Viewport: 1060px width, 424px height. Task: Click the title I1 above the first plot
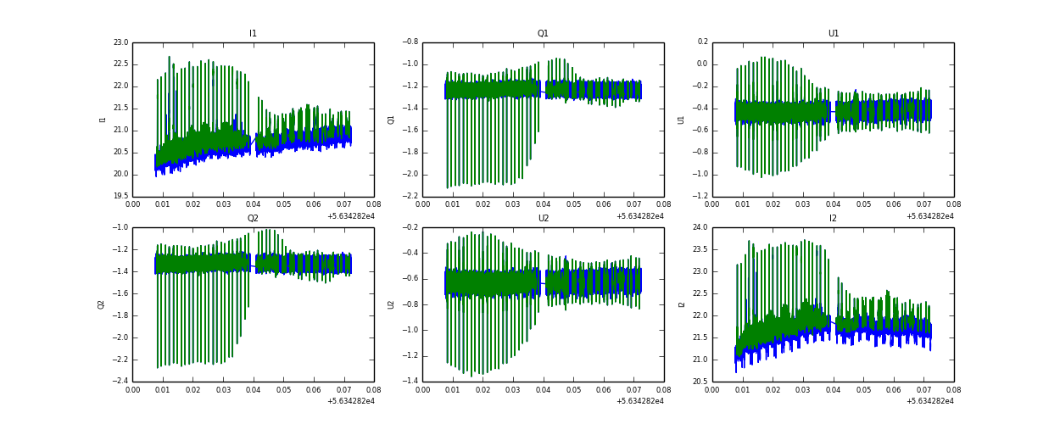[253, 34]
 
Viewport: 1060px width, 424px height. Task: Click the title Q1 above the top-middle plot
[543, 34]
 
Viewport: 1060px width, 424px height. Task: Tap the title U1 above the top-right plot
[834, 34]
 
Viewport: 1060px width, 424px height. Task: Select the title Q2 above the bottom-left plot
[253, 219]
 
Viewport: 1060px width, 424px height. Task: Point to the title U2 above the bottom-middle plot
[543, 219]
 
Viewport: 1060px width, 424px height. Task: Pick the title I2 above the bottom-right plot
[834, 219]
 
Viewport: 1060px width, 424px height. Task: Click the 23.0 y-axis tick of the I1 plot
[120, 42]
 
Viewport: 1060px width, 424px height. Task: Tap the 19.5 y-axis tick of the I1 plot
[120, 197]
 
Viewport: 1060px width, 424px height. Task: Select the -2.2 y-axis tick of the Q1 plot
[409, 197]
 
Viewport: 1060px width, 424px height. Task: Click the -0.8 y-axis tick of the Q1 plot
[409, 42]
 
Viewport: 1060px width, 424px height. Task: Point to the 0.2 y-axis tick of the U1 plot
[701, 42]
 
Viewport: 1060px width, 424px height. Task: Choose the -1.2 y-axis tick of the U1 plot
[700, 197]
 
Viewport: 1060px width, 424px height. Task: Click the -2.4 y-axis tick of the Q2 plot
[119, 382]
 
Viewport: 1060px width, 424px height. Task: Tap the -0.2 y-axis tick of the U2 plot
[409, 227]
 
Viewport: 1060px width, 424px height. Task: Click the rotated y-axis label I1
[103, 120]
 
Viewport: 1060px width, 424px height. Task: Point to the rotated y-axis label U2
[391, 304]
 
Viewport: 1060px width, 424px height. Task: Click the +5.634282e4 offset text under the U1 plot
[930, 216]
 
